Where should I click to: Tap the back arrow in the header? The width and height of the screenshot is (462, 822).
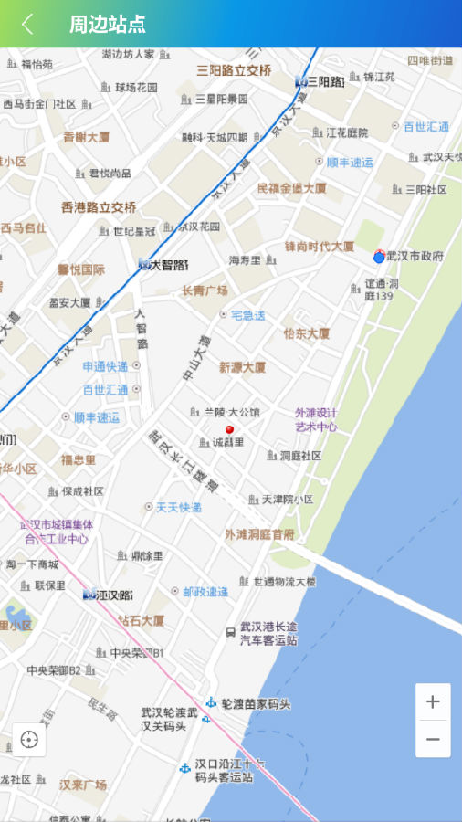pyautogui.click(x=28, y=24)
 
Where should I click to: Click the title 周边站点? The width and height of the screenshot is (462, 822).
pyautogui.click(x=107, y=25)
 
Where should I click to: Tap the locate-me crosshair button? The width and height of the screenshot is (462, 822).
pyautogui.click(x=29, y=740)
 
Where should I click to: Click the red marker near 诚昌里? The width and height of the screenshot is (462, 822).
pyautogui.click(x=229, y=428)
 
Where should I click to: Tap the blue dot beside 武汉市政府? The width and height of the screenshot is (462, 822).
pyautogui.click(x=379, y=258)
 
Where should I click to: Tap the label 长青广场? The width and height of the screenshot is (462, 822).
pyautogui.click(x=205, y=291)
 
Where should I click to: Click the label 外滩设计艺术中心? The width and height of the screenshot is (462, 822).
pyautogui.click(x=316, y=419)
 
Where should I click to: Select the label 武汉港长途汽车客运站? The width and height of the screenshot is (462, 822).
pyautogui.click(x=268, y=634)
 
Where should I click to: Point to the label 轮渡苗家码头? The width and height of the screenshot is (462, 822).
pyautogui.click(x=259, y=704)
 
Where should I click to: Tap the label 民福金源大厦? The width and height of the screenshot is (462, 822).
pyautogui.click(x=292, y=188)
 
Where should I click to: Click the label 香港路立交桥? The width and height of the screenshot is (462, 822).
pyautogui.click(x=99, y=207)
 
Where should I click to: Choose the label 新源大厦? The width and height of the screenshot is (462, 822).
pyautogui.click(x=242, y=367)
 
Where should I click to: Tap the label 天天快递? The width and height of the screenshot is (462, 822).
pyautogui.click(x=178, y=507)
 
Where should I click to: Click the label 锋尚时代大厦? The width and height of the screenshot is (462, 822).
pyautogui.click(x=319, y=247)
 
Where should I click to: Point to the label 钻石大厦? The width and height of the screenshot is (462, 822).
pyautogui.click(x=141, y=621)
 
